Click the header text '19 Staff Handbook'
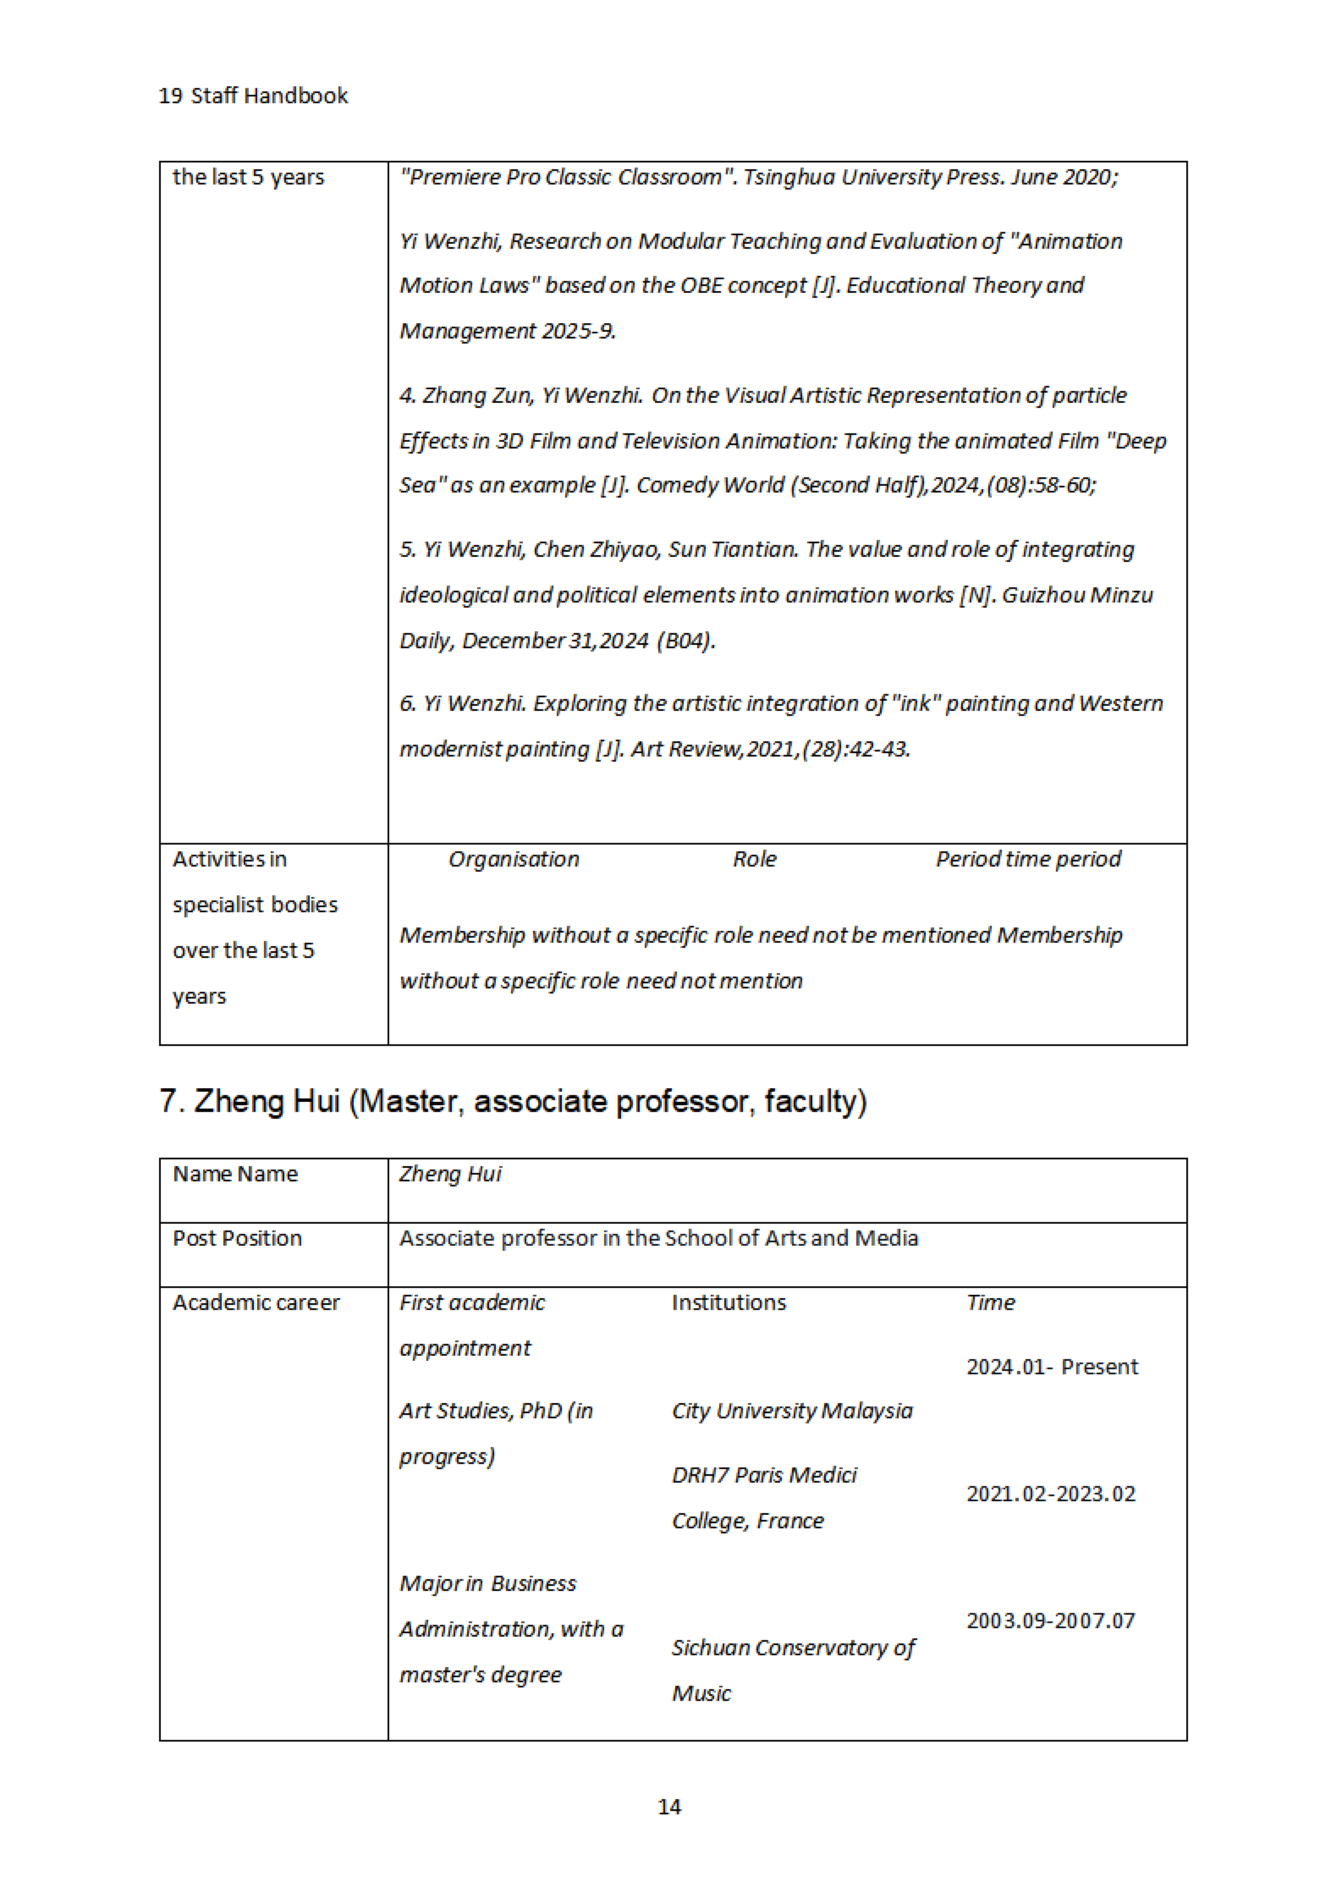(x=253, y=96)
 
